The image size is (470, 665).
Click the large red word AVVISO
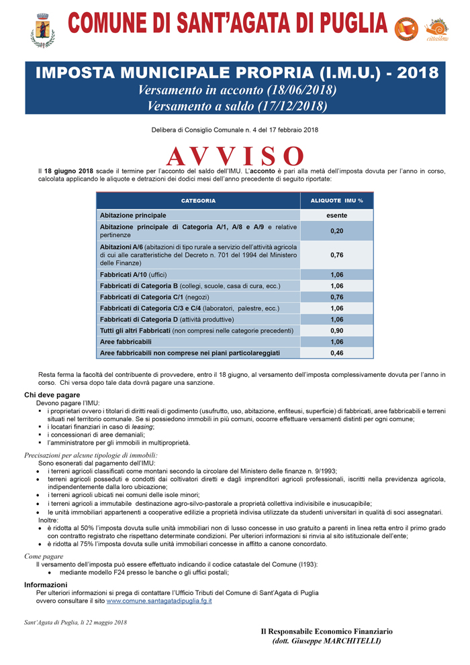click(x=235, y=156)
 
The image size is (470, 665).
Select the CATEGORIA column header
click(x=198, y=201)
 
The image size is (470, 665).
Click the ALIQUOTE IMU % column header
click(x=336, y=201)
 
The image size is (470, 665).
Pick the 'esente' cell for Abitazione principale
click(x=336, y=215)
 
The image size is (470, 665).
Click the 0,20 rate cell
click(x=336, y=231)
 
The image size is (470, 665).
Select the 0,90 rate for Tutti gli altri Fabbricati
click(x=336, y=330)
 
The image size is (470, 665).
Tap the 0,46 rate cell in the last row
click(x=336, y=353)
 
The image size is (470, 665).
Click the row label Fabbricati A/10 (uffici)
click(x=133, y=275)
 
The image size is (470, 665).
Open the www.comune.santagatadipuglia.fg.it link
click(x=159, y=601)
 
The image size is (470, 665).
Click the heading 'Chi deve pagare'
click(x=52, y=395)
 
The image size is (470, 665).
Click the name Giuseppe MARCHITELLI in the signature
click(x=336, y=641)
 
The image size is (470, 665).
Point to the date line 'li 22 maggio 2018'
click(x=101, y=623)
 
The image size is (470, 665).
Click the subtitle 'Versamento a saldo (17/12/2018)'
click(x=236, y=105)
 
